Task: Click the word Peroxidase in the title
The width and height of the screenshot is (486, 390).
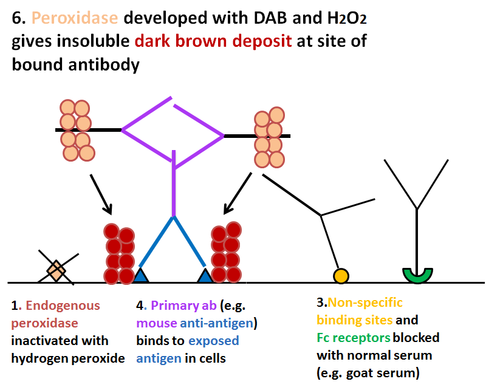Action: tap(75, 18)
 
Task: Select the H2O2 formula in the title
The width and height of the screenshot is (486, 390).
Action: tap(347, 18)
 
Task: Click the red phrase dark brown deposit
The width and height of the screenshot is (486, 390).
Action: tap(213, 41)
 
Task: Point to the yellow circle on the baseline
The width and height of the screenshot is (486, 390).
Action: tap(341, 276)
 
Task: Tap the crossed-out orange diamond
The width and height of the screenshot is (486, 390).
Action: tap(56, 271)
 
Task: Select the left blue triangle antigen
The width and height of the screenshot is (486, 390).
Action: tap(140, 275)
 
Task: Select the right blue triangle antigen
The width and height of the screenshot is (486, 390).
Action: tap(205, 275)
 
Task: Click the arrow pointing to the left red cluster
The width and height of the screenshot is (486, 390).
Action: tap(101, 194)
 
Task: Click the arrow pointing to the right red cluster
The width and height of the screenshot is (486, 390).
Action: tap(238, 193)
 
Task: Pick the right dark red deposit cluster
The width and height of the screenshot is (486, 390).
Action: tap(226, 252)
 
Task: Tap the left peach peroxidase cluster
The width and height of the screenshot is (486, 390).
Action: tap(77, 131)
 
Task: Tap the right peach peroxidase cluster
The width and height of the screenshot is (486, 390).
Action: tap(269, 137)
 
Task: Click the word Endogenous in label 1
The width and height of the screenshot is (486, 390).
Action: tap(63, 306)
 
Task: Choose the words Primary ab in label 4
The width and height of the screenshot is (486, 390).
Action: tap(183, 306)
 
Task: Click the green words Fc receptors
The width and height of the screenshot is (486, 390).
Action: tap(354, 338)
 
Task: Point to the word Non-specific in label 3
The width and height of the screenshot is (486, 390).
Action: tap(365, 303)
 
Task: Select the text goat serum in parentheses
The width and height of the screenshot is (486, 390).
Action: tap(383, 372)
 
